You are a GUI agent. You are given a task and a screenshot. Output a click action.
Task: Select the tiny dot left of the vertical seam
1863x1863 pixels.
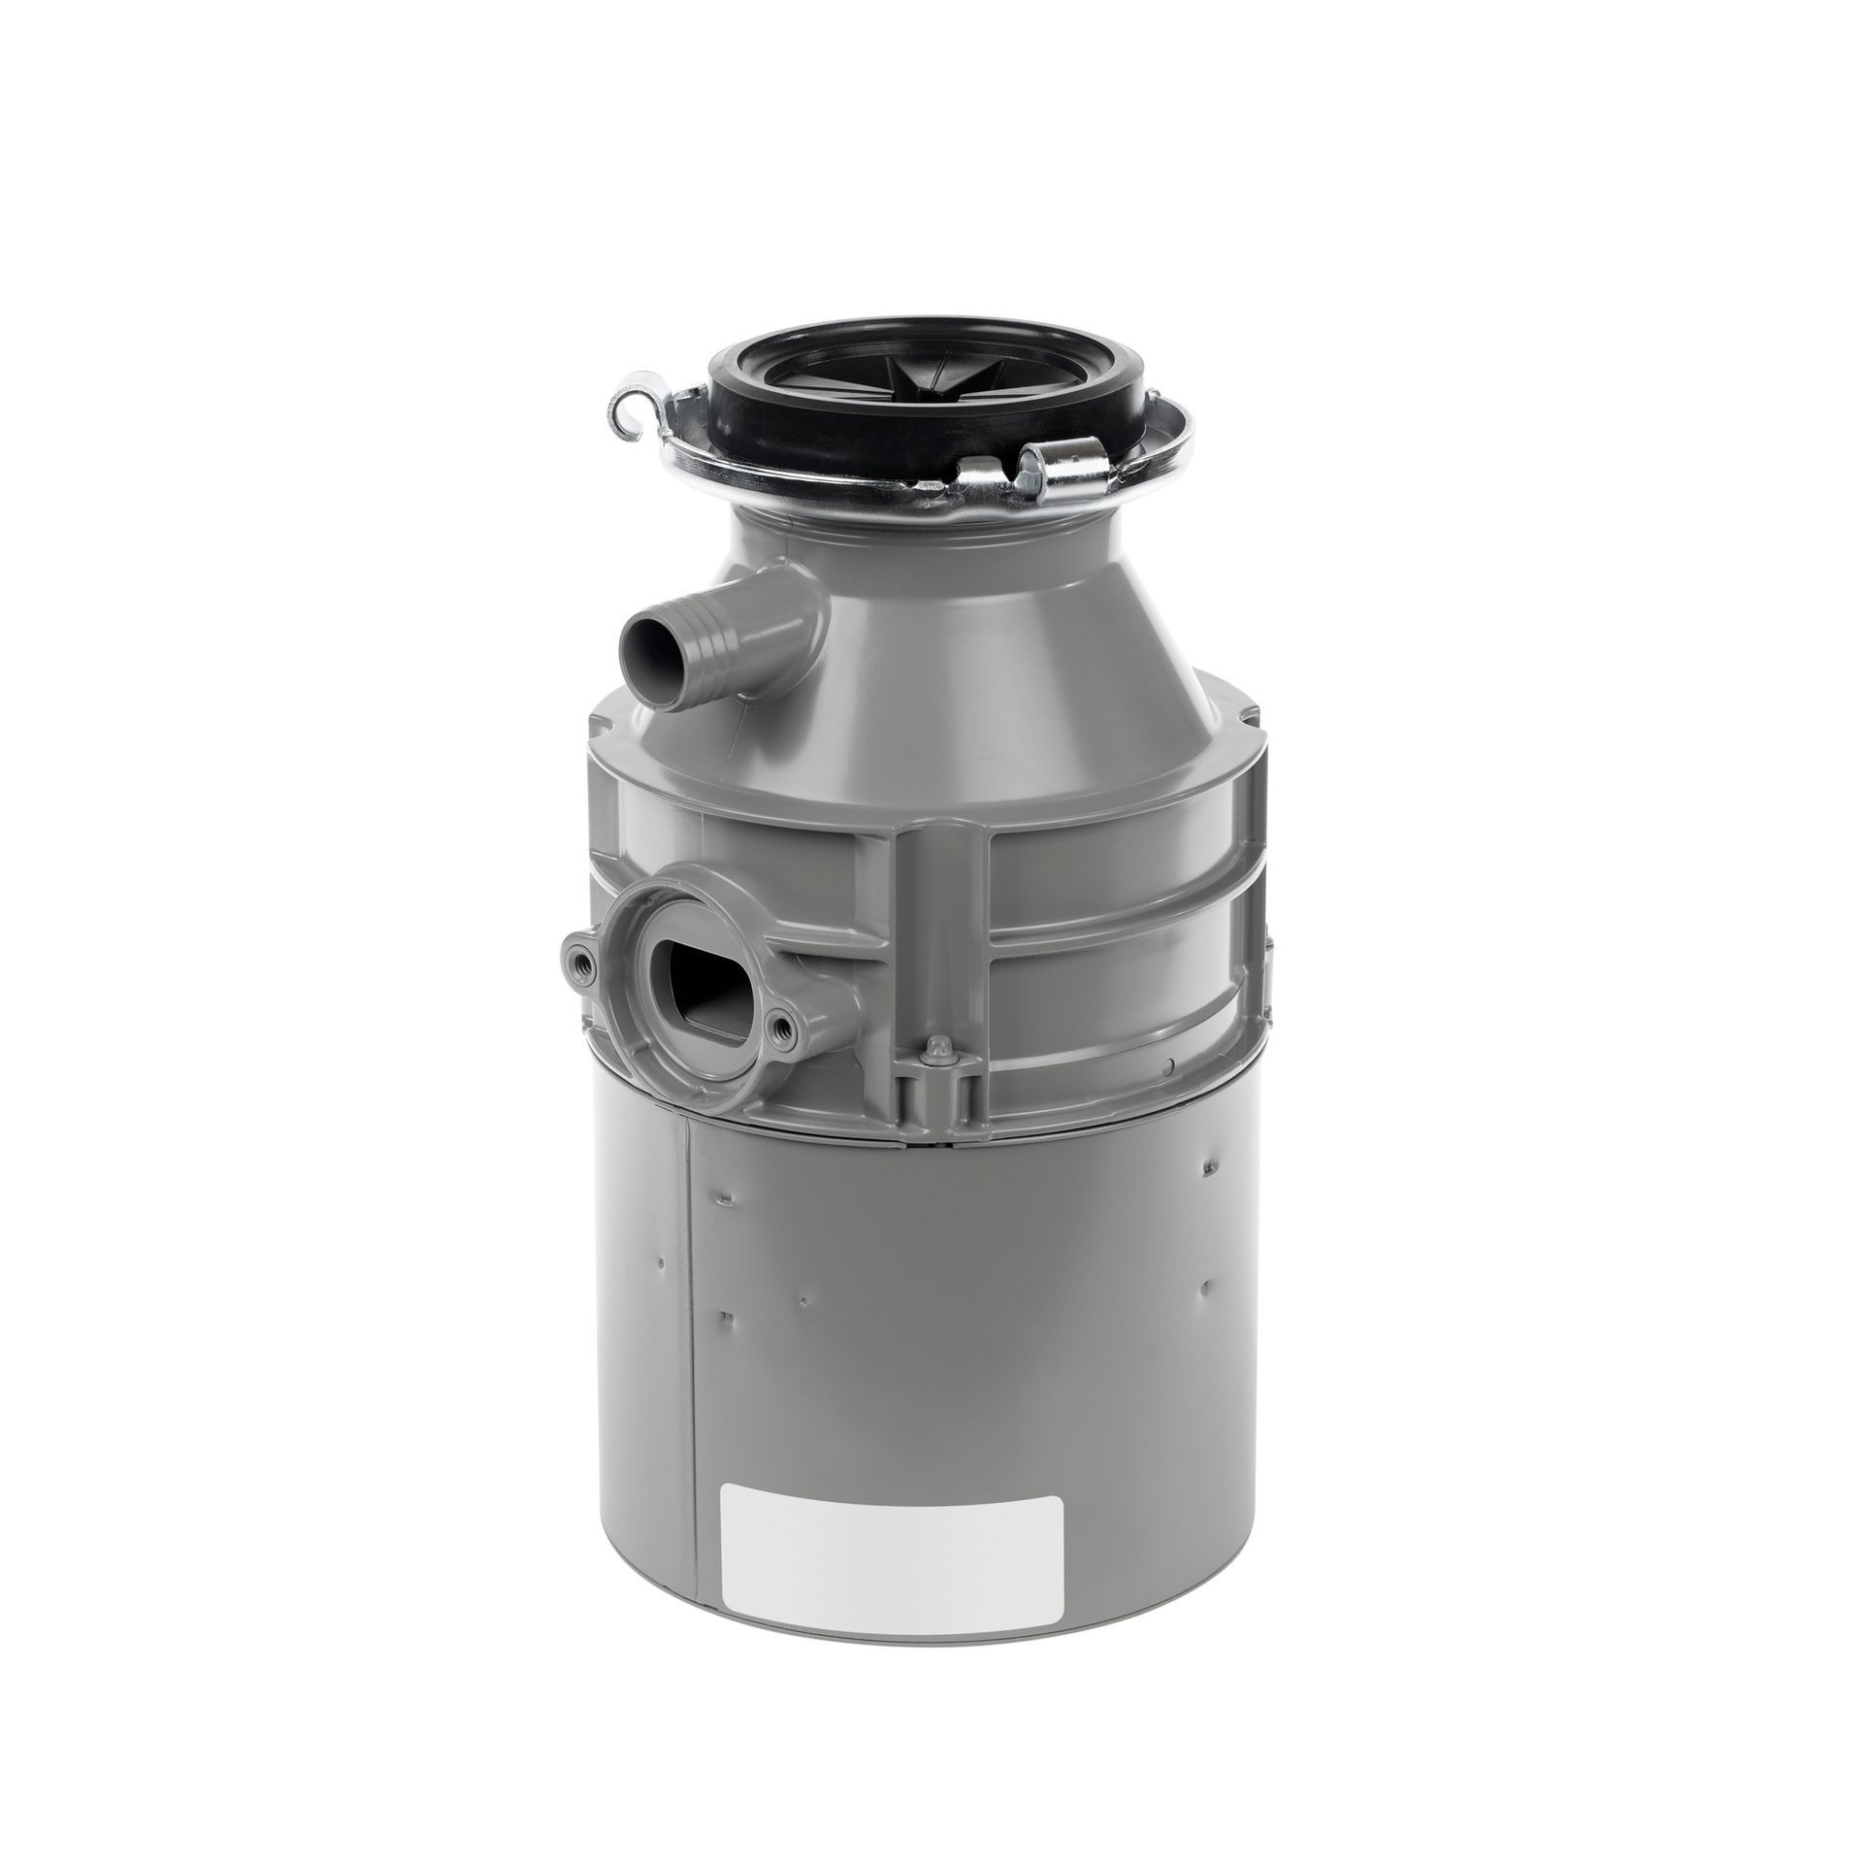pyautogui.click(x=661, y=1261)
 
